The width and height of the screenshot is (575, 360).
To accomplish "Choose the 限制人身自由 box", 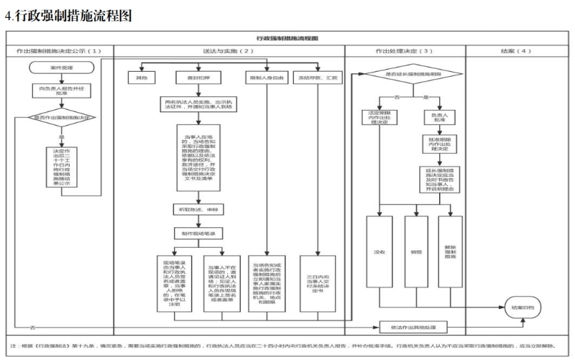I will pyautogui.click(x=264, y=76).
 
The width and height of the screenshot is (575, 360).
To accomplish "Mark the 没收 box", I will pyautogui.click(x=379, y=252).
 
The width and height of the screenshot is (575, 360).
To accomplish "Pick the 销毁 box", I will pyautogui.click(x=416, y=252).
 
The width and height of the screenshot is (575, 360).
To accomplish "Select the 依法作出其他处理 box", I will pyautogui.click(x=408, y=327).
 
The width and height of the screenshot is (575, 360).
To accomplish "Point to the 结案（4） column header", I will pyautogui.click(x=515, y=52).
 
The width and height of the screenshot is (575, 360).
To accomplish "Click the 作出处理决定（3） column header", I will pyautogui.click(x=404, y=52).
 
